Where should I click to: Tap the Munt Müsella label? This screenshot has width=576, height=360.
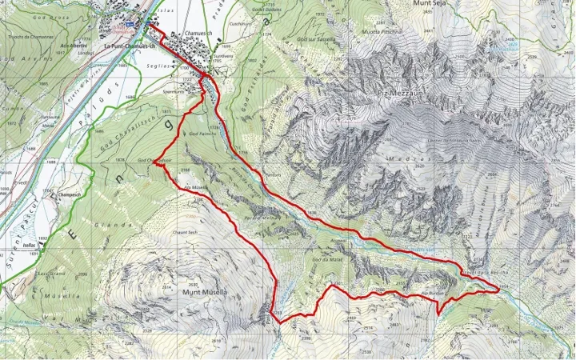point(206,293)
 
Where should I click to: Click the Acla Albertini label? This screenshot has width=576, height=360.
point(74,46)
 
